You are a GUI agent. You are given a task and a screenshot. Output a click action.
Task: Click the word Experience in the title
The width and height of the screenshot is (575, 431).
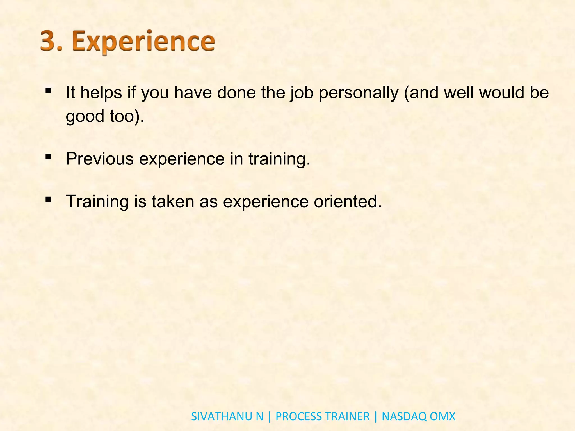pyautogui.click(x=143, y=42)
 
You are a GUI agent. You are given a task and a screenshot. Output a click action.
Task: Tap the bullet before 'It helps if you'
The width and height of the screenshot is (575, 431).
pyautogui.click(x=48, y=91)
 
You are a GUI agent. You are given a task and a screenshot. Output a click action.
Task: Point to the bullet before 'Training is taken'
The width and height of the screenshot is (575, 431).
pyautogui.click(x=48, y=200)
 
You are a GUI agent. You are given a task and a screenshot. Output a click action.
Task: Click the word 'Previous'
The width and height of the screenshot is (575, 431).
pyautogui.click(x=100, y=159)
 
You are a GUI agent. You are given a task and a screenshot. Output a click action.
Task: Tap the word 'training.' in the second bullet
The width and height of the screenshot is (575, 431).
pyautogui.click(x=279, y=159)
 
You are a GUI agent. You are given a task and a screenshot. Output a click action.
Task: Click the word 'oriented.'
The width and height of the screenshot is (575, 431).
pyautogui.click(x=348, y=201)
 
